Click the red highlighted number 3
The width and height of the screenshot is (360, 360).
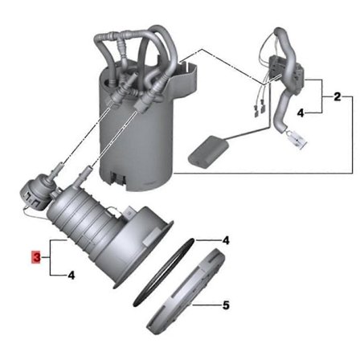pyautogui.click(x=35, y=257)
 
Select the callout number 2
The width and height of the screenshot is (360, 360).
pyautogui.click(x=338, y=96)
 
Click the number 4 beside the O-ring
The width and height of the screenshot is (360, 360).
pyautogui.click(x=226, y=240)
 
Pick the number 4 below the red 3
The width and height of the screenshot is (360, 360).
pyautogui.click(x=72, y=276)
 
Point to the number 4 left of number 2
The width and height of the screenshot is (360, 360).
pyautogui.click(x=301, y=114)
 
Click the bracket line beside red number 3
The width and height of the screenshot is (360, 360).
pyautogui.click(x=50, y=257)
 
